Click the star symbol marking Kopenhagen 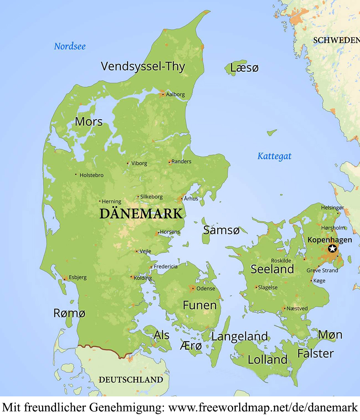click(332, 248)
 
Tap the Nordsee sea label click(70, 46)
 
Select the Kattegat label click(274, 156)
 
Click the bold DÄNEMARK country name click(141, 214)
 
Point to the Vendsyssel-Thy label click(143, 66)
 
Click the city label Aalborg click(175, 94)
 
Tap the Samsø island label click(221, 230)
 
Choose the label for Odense click(206, 288)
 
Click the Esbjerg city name click(77, 277)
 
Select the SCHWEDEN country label click(336, 40)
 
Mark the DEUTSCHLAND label click(131, 380)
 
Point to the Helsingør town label click(332, 208)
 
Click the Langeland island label click(240, 336)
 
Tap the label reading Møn click(330, 334)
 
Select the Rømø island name click(69, 313)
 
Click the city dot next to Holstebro click(76, 174)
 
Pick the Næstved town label click(297, 308)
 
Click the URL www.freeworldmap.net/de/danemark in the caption click(263, 408)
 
